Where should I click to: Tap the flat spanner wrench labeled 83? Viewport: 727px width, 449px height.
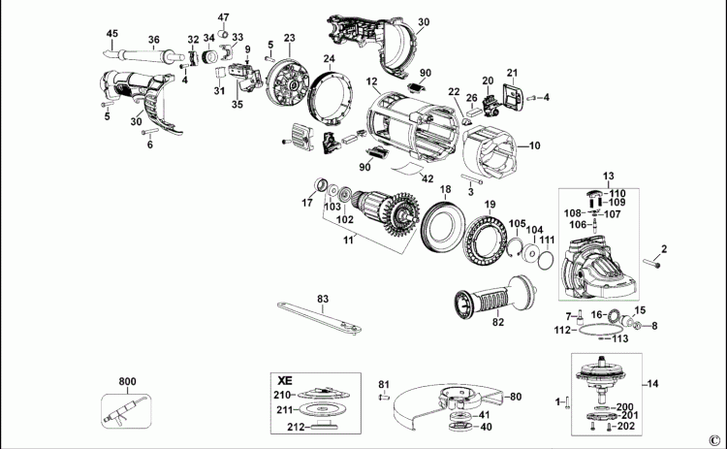pyautogui.click(x=320, y=314)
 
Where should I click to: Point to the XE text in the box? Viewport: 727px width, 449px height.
pyautogui.click(x=285, y=379)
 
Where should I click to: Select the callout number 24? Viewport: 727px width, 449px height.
pyautogui.click(x=329, y=59)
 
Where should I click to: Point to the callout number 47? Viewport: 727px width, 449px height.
pyautogui.click(x=224, y=17)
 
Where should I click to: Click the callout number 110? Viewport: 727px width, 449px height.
pyautogui.click(x=617, y=194)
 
